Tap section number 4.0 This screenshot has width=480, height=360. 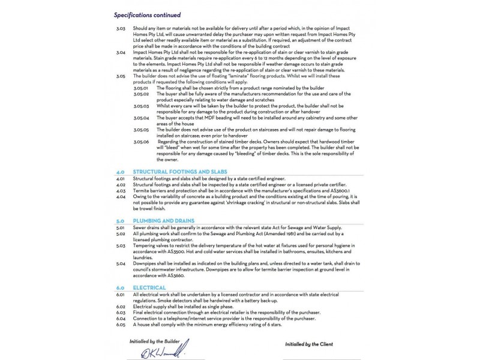(119, 171)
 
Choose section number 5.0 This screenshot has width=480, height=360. (119, 221)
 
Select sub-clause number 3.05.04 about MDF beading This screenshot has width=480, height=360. (141, 119)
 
